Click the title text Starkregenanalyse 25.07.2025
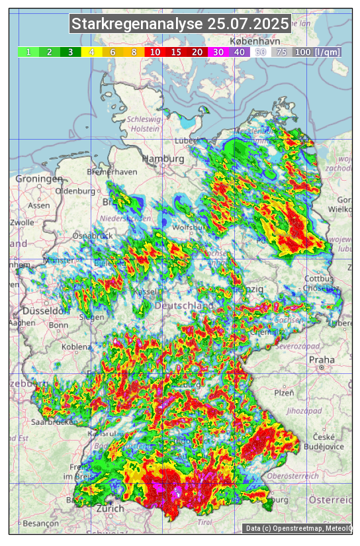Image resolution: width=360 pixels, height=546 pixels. click(180, 24)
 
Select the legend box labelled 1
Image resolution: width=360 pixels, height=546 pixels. click(28, 52)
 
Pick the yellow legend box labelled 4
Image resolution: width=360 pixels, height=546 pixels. click(92, 52)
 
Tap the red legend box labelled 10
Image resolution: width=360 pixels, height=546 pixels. click(155, 52)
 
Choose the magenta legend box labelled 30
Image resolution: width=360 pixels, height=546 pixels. click(218, 52)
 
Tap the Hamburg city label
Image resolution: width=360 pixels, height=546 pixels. click(163, 159)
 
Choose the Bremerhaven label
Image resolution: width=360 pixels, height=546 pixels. click(111, 171)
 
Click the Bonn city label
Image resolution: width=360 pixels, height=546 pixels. click(58, 325)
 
